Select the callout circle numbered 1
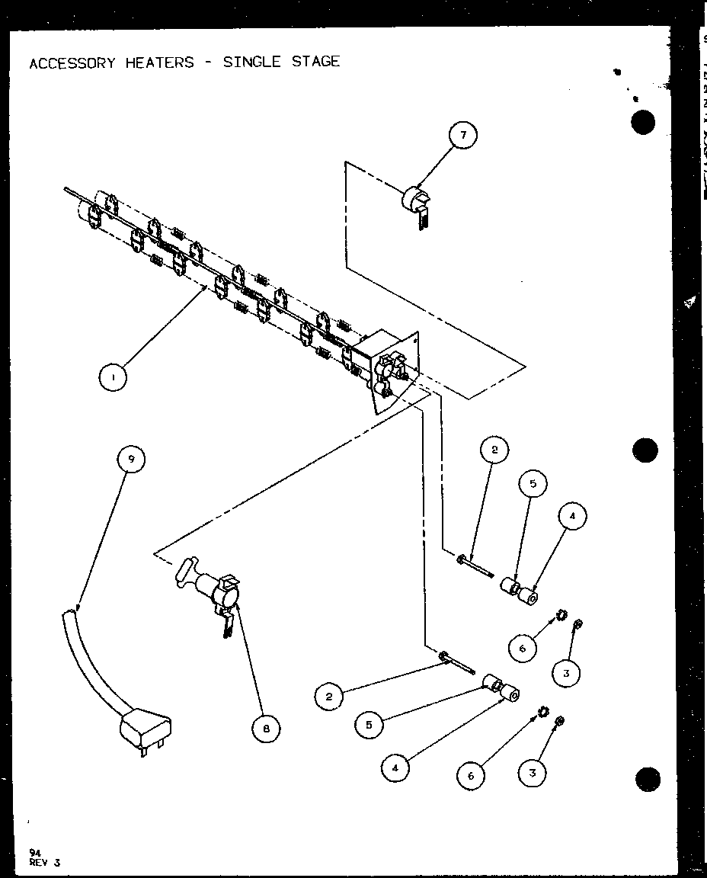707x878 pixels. click(113, 377)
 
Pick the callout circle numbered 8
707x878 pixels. click(266, 729)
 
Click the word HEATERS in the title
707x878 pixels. click(160, 62)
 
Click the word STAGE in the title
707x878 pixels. click(315, 61)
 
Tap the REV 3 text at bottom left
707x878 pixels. click(45, 862)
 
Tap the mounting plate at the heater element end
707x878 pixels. click(396, 370)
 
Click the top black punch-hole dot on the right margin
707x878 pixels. click(644, 123)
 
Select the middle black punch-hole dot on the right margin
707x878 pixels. click(645, 450)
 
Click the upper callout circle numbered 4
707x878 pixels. click(572, 517)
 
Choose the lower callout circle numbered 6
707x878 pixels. click(471, 775)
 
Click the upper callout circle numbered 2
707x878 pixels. click(494, 450)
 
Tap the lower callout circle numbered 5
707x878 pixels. click(369, 725)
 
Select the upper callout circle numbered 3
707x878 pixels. click(566, 673)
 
